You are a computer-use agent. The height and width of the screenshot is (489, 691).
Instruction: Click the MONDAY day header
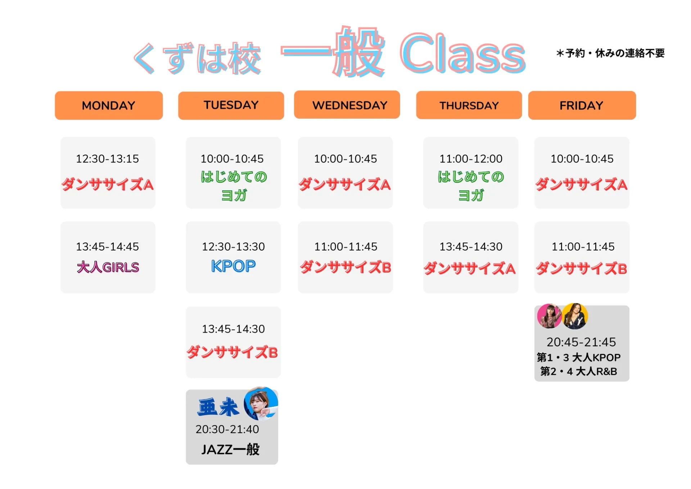coord(109,105)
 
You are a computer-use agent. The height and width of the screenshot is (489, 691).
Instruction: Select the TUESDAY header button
coord(231,105)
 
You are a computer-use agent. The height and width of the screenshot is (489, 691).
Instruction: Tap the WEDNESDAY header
coord(347,105)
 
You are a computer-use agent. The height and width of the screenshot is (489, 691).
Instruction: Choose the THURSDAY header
coord(469,105)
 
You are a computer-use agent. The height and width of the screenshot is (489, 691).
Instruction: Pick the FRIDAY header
coord(582,105)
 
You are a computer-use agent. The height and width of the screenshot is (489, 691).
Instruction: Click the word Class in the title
coord(463,54)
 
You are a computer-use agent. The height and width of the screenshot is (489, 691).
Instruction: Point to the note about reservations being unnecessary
coord(610,53)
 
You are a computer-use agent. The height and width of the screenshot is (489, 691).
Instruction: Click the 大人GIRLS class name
coord(108,267)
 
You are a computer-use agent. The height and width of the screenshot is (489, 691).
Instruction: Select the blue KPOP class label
coord(233,266)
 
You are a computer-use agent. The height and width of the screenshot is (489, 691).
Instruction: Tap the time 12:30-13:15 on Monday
coord(107,159)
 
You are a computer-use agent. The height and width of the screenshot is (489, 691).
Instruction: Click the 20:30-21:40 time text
coord(227,429)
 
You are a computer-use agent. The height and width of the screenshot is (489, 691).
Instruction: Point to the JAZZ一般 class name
coord(230,449)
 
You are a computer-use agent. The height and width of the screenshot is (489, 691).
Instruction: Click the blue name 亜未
coord(218,407)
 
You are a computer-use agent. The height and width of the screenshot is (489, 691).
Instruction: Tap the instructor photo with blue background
coord(261,404)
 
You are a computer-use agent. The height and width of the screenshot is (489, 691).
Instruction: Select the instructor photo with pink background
coord(549,316)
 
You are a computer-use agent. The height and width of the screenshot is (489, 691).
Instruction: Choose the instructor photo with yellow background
coord(575,316)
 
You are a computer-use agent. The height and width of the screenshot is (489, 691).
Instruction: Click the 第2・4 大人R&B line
coord(579,371)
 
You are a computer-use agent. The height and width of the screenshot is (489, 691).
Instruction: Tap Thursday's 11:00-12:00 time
coord(471,159)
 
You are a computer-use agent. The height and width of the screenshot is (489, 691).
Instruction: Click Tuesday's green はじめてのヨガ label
coord(234,186)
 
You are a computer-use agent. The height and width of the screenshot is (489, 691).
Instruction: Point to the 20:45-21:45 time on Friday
coord(581,342)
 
